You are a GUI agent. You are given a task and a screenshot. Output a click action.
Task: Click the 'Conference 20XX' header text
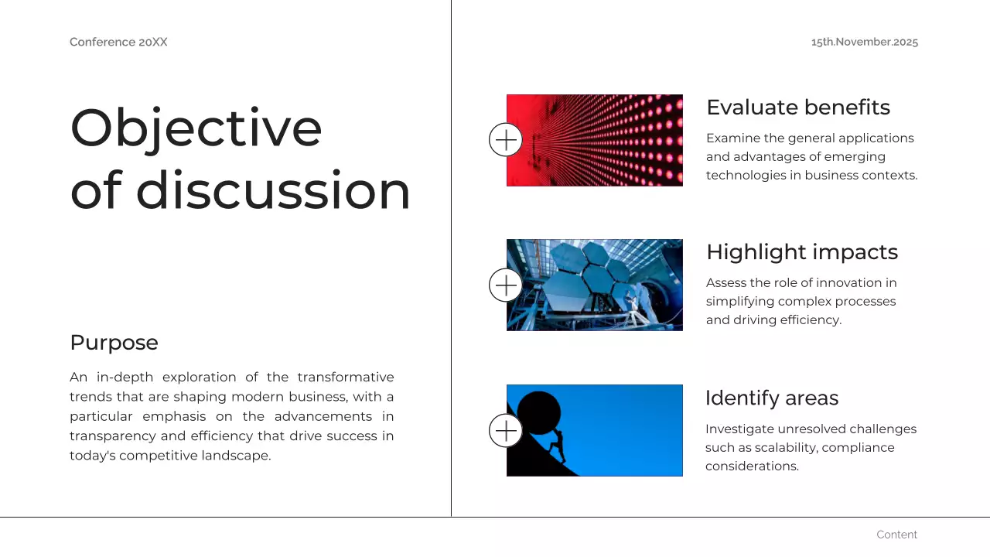point(118,42)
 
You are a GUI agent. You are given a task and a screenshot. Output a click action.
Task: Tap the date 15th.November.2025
point(865,42)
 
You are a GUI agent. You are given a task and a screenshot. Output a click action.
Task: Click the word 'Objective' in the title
point(196,129)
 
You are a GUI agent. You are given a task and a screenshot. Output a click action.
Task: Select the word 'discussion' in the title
point(274,190)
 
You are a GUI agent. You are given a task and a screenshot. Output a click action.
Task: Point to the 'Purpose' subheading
point(114,343)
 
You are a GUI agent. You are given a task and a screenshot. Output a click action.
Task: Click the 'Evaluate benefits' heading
point(798,108)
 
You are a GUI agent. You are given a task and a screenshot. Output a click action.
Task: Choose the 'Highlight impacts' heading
point(802,252)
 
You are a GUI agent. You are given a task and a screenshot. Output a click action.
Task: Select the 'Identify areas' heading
point(772,398)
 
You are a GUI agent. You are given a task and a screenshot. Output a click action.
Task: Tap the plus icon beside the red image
point(506,140)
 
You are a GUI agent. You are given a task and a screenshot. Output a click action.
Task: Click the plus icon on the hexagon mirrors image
point(506,285)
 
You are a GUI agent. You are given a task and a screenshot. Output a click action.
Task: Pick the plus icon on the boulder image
point(506,431)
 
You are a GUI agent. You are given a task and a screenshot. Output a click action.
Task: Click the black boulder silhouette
point(539,413)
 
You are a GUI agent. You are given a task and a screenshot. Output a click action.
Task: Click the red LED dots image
point(595,140)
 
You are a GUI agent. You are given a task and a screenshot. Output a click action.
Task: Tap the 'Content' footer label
point(896,535)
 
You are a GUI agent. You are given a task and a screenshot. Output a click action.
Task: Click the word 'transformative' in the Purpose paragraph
point(346,377)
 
